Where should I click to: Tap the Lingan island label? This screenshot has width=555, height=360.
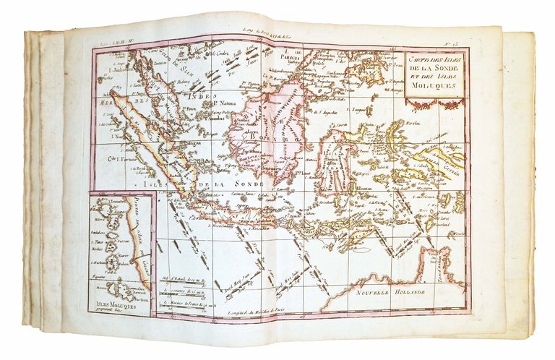coord(192,142)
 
